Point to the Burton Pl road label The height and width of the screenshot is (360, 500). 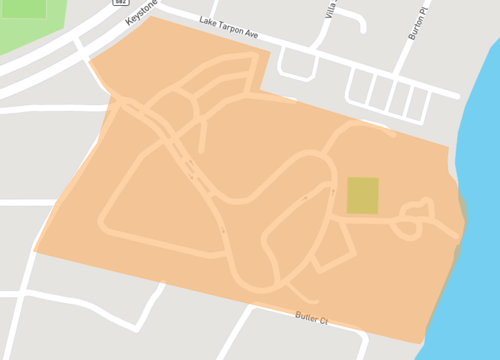pos(418,22)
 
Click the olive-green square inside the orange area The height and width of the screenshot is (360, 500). pos(362,195)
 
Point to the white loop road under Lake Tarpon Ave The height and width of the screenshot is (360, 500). pos(297,64)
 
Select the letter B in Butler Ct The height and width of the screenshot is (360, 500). pos(298,315)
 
